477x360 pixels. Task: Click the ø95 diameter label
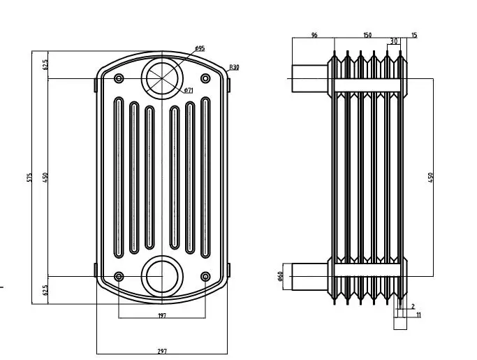coord(200,48)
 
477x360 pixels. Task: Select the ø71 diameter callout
coord(189,90)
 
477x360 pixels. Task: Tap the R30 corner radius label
coord(234,67)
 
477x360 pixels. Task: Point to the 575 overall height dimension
coord(29,177)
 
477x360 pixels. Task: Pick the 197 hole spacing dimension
coord(162,316)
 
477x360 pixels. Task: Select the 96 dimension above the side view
coord(314,35)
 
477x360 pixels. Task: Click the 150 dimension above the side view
coord(367,35)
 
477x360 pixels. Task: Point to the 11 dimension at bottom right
coord(418,316)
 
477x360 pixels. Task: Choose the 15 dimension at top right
coord(414,35)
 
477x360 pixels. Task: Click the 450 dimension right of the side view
coord(431,177)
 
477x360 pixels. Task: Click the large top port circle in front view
coord(162,77)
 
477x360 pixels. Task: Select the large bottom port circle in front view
coord(162,276)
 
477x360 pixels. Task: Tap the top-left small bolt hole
coord(119,77)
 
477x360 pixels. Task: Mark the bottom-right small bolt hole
coord(205,277)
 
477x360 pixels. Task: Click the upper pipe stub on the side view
coord(308,78)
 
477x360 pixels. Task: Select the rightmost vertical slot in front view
coord(205,175)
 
